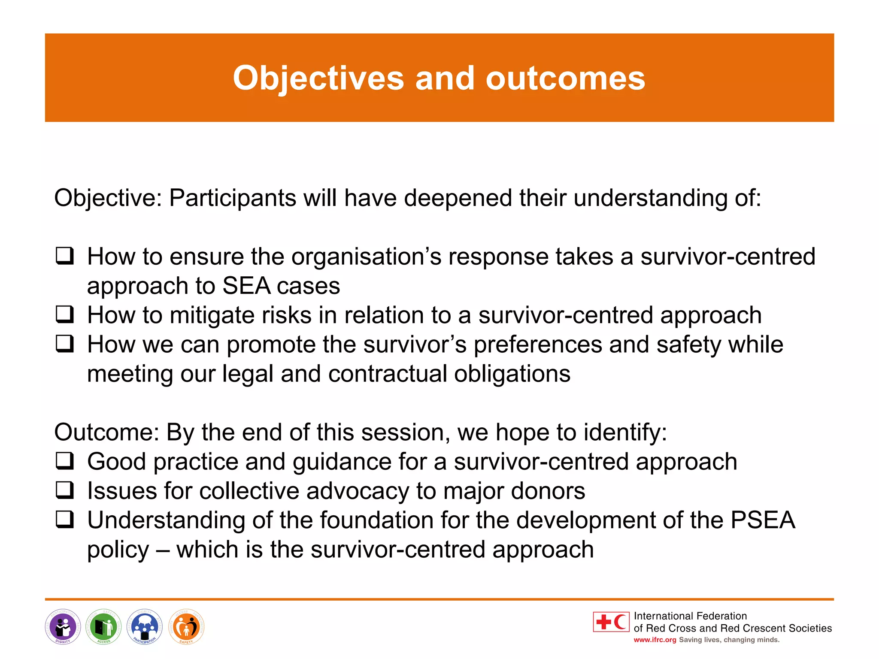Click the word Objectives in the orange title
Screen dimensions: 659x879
(x=318, y=79)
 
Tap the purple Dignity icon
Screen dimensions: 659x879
(x=63, y=627)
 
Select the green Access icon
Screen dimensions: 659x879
(x=103, y=627)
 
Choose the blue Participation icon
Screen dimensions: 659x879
(x=145, y=627)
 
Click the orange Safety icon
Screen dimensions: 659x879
(x=186, y=627)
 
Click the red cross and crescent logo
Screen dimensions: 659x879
(x=611, y=622)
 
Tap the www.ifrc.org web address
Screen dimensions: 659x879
(x=655, y=640)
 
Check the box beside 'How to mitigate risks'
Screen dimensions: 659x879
(x=65, y=314)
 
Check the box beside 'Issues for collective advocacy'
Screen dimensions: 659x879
(x=65, y=490)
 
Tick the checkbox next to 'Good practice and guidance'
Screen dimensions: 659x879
(x=65, y=461)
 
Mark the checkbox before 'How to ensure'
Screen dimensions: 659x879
(x=65, y=256)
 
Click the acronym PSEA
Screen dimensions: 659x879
(x=763, y=520)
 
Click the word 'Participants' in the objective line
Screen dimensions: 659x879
(x=232, y=198)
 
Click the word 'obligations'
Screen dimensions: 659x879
(x=512, y=374)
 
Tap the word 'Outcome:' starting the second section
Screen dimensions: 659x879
(x=106, y=432)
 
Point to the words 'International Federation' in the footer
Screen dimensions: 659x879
(x=690, y=616)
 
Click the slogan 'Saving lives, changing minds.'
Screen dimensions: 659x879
(x=729, y=640)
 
